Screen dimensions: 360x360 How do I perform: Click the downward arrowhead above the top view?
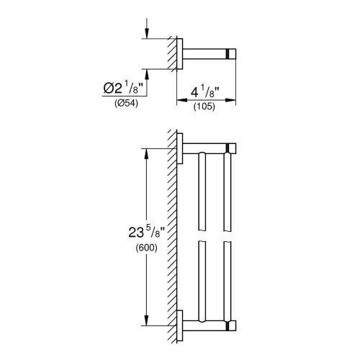click(x=147, y=34)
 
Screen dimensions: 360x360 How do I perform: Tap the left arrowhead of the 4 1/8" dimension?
click(x=181, y=101)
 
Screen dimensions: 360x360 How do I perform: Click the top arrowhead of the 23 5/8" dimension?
click(x=147, y=152)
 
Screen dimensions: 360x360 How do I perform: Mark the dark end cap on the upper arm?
click(x=231, y=149)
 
